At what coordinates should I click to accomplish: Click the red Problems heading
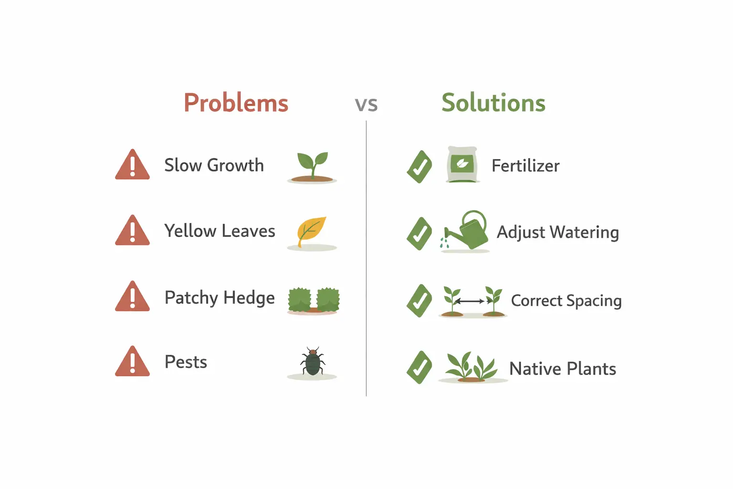(x=236, y=103)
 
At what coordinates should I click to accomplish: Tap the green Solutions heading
(x=493, y=103)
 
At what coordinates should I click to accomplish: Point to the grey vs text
(x=366, y=104)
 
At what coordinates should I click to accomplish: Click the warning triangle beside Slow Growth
(x=132, y=165)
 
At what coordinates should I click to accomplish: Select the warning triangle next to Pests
(x=132, y=362)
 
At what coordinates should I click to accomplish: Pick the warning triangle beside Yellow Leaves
(x=132, y=231)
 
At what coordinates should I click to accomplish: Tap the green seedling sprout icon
(x=313, y=165)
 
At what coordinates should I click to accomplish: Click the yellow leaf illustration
(x=312, y=231)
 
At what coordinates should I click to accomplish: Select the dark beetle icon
(x=313, y=362)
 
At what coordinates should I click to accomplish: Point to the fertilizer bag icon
(x=462, y=165)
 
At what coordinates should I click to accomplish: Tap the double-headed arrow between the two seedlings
(x=470, y=301)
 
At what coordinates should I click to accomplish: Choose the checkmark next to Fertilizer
(x=419, y=167)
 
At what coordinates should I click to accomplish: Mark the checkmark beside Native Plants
(x=419, y=367)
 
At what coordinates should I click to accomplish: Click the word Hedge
(x=249, y=298)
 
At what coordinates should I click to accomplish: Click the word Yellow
(x=190, y=231)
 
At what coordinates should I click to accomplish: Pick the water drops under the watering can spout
(x=445, y=243)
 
